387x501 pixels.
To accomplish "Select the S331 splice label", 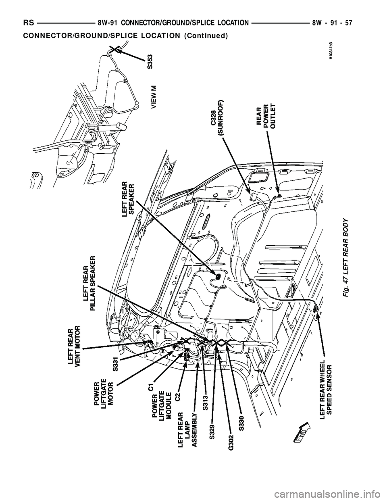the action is click(x=115, y=363).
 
